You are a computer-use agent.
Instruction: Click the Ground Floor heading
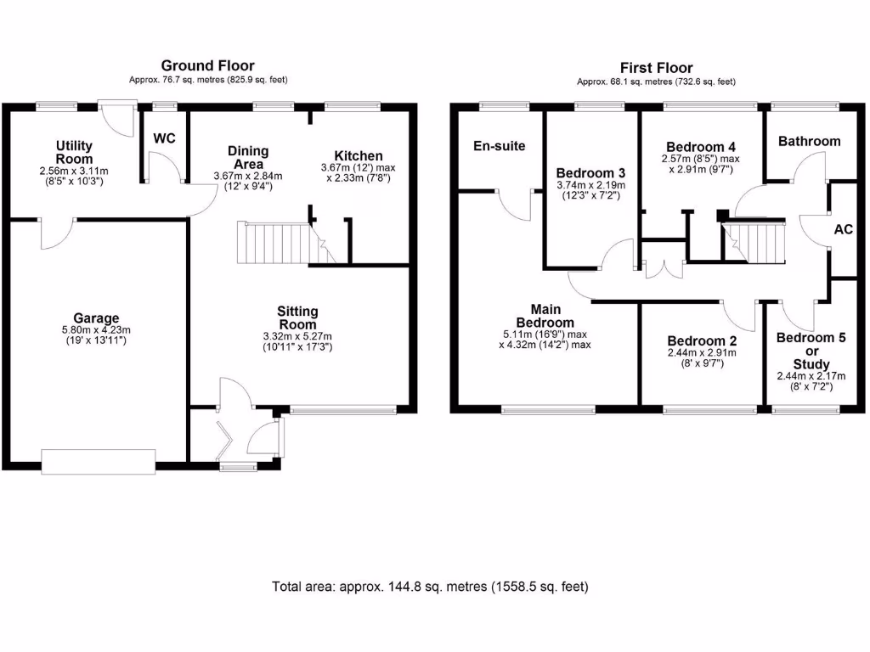[x=207, y=65]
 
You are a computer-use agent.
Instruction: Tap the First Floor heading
[x=656, y=68]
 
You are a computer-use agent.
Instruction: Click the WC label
[x=164, y=138]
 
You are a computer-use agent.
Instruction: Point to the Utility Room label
[x=75, y=153]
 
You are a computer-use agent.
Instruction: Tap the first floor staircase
[x=755, y=241]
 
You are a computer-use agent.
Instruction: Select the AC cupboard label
[x=844, y=230]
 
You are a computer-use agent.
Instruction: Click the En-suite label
[x=499, y=146]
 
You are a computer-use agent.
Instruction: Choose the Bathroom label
[x=809, y=141]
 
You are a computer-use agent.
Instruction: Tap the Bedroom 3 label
[x=590, y=173]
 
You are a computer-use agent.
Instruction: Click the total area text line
[x=430, y=587]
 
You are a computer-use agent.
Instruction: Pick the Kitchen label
[x=358, y=156]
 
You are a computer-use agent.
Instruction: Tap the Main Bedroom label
[x=545, y=316]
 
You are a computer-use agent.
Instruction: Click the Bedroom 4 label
[x=701, y=145]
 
